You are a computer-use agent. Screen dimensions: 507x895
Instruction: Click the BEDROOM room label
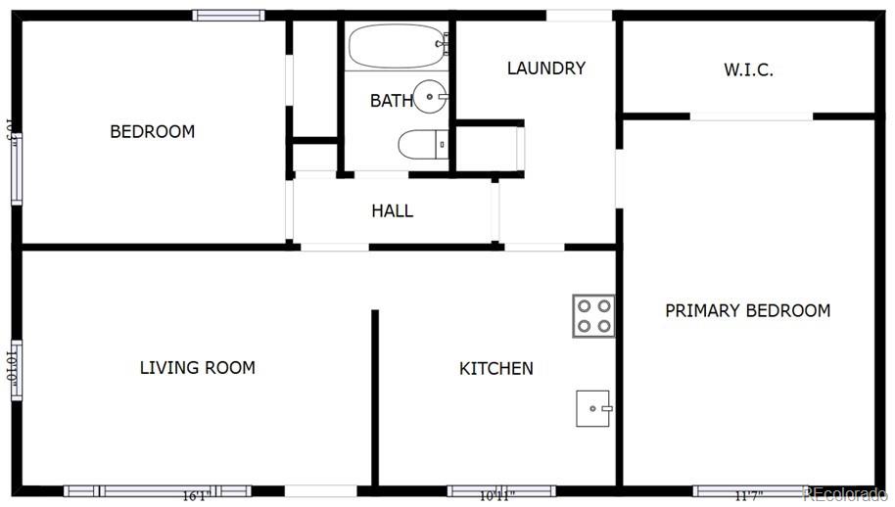click(x=152, y=131)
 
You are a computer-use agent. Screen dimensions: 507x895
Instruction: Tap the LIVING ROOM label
click(x=197, y=368)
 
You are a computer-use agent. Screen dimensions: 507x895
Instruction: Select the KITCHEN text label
click(x=496, y=369)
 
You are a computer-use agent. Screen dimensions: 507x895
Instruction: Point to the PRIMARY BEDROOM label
click(x=747, y=310)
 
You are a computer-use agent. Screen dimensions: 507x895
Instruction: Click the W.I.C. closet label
click(x=749, y=69)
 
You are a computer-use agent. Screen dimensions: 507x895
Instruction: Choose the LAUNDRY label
click(x=545, y=69)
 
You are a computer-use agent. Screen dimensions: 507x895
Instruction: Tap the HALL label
click(x=392, y=210)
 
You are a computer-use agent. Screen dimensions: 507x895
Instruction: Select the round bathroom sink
click(x=430, y=97)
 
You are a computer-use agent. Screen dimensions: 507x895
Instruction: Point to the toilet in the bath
click(x=422, y=145)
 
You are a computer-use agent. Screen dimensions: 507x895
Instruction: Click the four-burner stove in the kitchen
click(x=593, y=316)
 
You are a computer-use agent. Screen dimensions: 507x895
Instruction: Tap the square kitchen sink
click(x=594, y=408)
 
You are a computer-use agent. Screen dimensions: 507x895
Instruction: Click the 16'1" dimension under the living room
click(x=195, y=495)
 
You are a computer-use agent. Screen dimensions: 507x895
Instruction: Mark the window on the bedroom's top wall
click(x=228, y=15)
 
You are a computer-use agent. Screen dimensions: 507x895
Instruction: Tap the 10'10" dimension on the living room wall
click(x=15, y=369)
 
